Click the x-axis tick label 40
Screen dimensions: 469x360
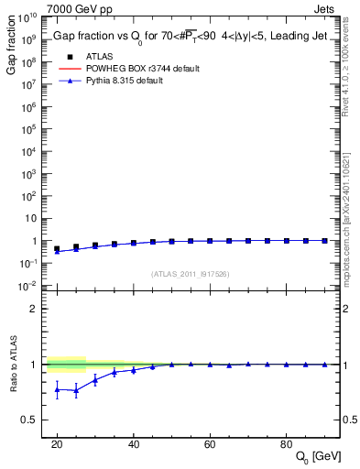tap(133, 444)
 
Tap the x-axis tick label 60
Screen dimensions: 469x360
tap(210, 444)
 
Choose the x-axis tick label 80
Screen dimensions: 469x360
tap(286, 444)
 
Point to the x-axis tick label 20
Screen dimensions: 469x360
tap(57, 444)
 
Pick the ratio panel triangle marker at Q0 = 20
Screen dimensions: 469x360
tap(57, 389)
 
